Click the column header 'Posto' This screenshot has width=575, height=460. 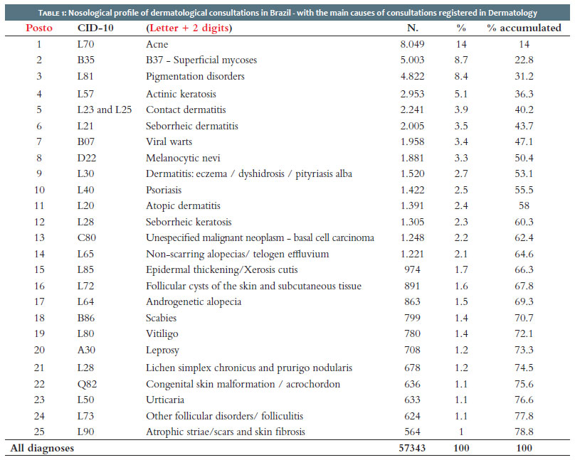coord(39,28)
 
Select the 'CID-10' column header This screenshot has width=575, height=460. coord(95,28)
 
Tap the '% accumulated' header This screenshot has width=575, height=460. coord(524,28)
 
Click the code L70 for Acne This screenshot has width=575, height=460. coord(86,44)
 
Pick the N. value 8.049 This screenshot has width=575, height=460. coord(412,44)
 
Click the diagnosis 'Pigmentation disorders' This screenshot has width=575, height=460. coord(195,76)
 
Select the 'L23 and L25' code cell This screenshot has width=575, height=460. coord(105,109)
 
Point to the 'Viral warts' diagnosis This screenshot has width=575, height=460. coord(169,141)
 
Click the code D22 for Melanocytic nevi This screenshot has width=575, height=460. coord(87,158)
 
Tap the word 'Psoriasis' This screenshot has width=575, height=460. coord(164,190)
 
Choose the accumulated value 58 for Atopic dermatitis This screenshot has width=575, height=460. coord(524,206)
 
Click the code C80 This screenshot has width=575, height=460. coord(87,237)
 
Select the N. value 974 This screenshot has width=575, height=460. coord(412,269)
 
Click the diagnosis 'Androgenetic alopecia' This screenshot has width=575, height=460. coord(194,301)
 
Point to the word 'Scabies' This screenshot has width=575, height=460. coord(161,318)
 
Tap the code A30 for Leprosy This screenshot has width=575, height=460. coord(86,350)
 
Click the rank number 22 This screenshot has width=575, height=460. coord(39,384)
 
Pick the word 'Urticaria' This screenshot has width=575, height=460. coord(165,400)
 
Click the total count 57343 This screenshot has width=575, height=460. coord(412,448)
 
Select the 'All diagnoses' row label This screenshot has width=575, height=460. coord(42,449)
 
